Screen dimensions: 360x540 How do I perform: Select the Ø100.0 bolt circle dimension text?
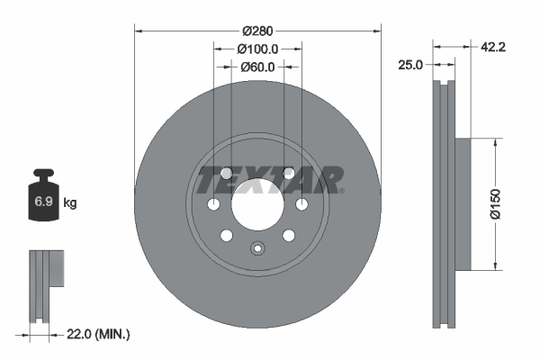pyautogui.click(x=257, y=49)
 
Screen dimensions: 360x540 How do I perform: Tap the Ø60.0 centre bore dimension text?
pyautogui.click(x=257, y=67)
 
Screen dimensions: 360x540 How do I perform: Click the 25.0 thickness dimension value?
pyautogui.click(x=411, y=64)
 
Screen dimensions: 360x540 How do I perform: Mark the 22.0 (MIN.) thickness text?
pyautogui.click(x=100, y=334)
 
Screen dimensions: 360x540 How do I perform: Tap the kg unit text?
pyautogui.click(x=69, y=203)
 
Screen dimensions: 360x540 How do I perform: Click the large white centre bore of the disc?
pyautogui.click(x=257, y=204)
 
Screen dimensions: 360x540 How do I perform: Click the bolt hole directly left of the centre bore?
pyautogui.click(x=213, y=205)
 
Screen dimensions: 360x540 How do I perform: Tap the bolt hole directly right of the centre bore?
pyautogui.click(x=301, y=205)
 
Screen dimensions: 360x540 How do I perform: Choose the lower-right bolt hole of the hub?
pyautogui.click(x=289, y=236)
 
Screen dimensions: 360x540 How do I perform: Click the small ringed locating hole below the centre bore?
pyautogui.click(x=257, y=249)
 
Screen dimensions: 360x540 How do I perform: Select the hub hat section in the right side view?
pyautogui.click(x=463, y=203)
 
